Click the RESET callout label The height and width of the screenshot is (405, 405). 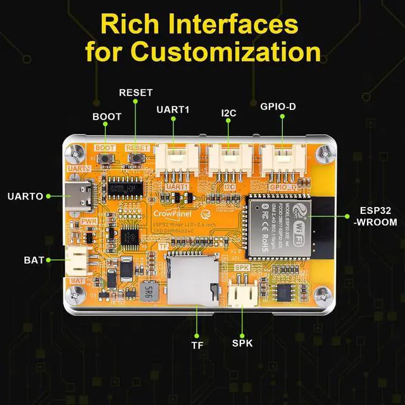136,92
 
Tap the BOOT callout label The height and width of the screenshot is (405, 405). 107,117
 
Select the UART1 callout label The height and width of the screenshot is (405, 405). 173,109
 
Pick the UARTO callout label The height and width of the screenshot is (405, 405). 25,196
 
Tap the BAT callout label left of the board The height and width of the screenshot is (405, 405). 34,260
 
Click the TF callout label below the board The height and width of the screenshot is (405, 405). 197,345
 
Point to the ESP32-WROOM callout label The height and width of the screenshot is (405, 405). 378,216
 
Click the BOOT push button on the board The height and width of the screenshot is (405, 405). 105,159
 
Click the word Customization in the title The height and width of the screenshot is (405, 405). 202,50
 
